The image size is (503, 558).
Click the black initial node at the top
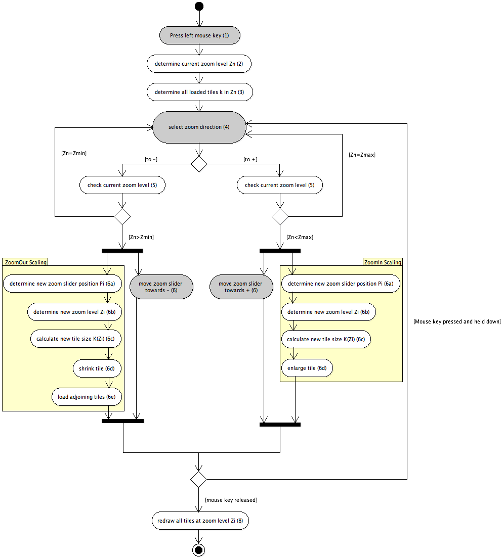click(x=199, y=6)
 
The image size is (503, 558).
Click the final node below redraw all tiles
click(x=199, y=550)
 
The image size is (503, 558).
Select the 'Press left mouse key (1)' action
click(x=199, y=35)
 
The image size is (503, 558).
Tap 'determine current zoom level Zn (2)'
click(x=199, y=64)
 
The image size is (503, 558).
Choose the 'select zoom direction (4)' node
click(x=199, y=127)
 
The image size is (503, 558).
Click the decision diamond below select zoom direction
click(x=199, y=164)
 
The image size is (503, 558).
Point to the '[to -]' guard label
click(x=151, y=159)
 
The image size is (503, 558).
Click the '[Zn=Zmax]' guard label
click(x=362, y=155)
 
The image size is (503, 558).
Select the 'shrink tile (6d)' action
click(x=97, y=368)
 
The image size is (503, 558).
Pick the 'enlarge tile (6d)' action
click(x=307, y=368)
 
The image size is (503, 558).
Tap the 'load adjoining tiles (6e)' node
click(x=87, y=397)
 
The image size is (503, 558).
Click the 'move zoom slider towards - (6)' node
click(x=161, y=287)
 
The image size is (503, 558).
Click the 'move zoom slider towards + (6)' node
click(x=241, y=287)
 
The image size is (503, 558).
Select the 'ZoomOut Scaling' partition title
click(x=26, y=262)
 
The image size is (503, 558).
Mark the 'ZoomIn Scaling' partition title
click(x=383, y=262)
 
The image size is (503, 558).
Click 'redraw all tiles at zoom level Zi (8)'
click(x=200, y=521)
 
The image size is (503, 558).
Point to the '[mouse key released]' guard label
click(x=231, y=500)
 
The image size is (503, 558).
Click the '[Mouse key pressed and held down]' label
click(x=457, y=321)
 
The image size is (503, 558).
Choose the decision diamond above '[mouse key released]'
click(x=198, y=479)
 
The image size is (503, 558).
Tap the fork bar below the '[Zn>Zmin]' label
click(x=122, y=251)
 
